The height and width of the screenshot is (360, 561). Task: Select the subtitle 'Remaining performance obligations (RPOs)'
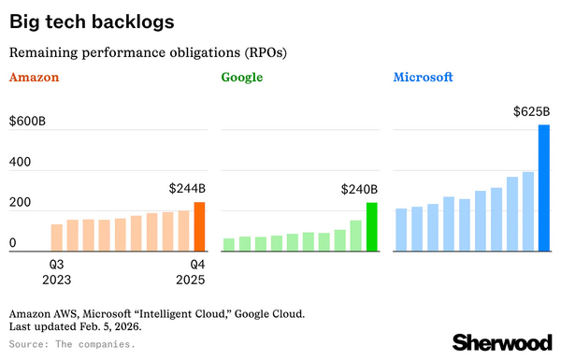148,51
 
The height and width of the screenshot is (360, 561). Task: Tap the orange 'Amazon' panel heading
35,78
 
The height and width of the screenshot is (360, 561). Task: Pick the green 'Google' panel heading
245,78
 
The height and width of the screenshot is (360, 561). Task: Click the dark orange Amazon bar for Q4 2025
199,227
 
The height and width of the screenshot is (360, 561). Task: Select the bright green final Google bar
371,227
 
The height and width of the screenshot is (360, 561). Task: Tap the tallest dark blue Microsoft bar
544,188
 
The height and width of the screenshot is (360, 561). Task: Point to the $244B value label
187,188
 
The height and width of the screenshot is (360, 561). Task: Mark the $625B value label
531,111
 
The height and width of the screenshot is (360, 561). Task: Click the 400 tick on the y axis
20,163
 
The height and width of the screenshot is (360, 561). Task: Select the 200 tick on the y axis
20,203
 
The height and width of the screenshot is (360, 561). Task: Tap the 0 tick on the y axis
13,243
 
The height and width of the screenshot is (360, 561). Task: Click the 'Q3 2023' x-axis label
56,270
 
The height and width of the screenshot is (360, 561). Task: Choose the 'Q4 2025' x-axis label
191,270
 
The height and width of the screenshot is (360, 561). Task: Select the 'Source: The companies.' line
71,344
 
